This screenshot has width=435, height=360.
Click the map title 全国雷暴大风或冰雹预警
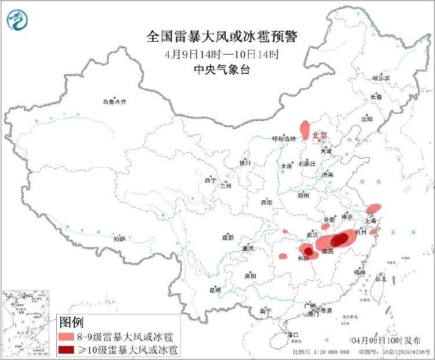point(222,37)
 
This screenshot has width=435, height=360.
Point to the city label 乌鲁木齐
point(114,102)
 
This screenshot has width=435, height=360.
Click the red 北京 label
point(320,135)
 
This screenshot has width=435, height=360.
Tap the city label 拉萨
point(119,239)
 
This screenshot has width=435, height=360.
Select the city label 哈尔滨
point(381,77)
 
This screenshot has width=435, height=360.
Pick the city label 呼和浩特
point(284,139)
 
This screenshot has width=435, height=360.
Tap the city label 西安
point(266,203)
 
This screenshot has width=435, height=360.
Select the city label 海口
point(292,335)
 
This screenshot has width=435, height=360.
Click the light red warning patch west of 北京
point(304,131)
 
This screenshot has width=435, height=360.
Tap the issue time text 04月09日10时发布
point(389,339)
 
